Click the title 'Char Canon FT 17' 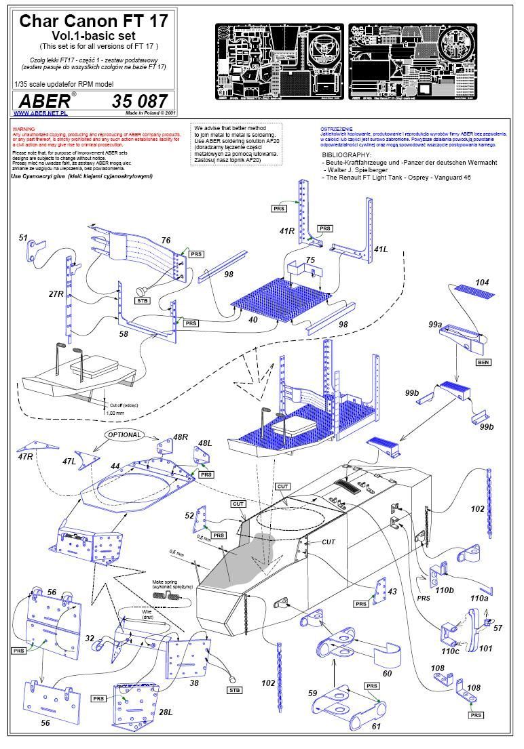[93, 21]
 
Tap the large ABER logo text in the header [42, 100]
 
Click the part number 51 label [24, 238]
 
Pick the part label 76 [165, 241]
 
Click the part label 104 [482, 282]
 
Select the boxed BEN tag [483, 363]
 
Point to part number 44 [115, 467]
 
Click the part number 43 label [392, 592]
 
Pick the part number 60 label [386, 672]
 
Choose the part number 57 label [498, 628]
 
